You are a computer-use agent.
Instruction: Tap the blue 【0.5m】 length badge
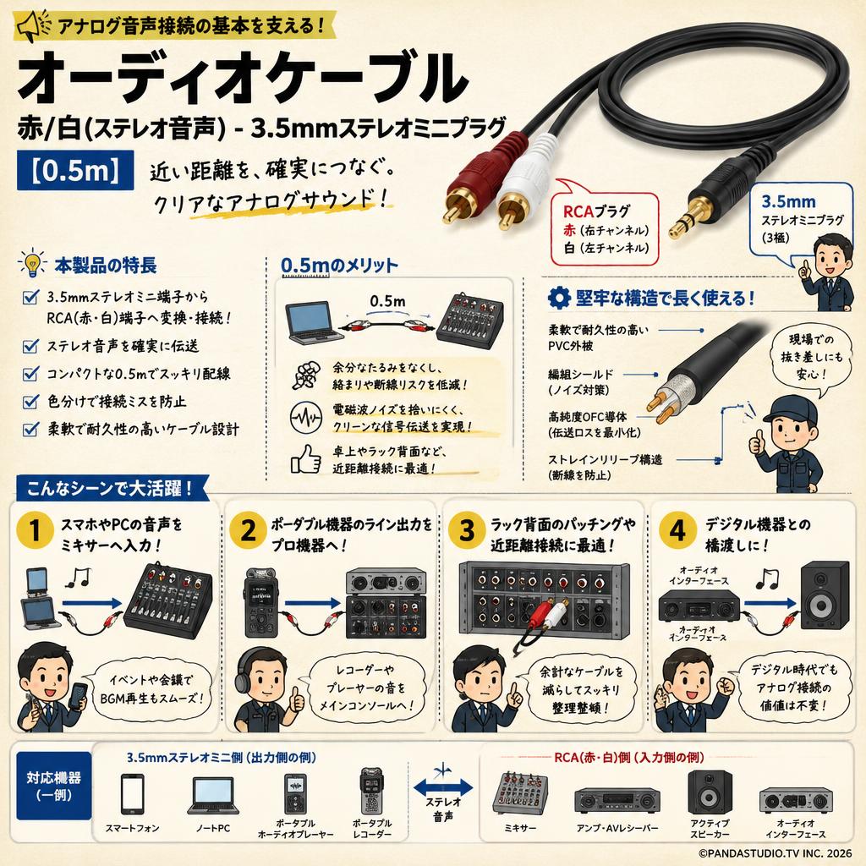(x=75, y=170)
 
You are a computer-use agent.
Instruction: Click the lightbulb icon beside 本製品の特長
(x=33, y=264)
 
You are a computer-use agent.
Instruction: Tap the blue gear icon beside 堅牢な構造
(x=559, y=298)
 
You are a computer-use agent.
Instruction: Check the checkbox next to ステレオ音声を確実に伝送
(x=31, y=346)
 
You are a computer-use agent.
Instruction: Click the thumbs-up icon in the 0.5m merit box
(x=306, y=459)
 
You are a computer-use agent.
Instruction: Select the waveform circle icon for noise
(x=306, y=417)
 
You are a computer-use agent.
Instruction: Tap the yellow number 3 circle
(x=467, y=529)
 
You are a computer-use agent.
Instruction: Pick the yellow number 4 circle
(x=677, y=529)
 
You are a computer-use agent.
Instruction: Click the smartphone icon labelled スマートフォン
(x=132, y=794)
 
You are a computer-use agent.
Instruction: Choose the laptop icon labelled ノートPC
(x=213, y=796)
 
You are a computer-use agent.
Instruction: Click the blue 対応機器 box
(x=54, y=786)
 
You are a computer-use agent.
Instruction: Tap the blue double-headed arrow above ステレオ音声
(x=443, y=787)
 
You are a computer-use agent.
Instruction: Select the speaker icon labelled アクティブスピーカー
(x=710, y=792)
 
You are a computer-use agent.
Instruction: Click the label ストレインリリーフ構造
(x=605, y=459)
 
